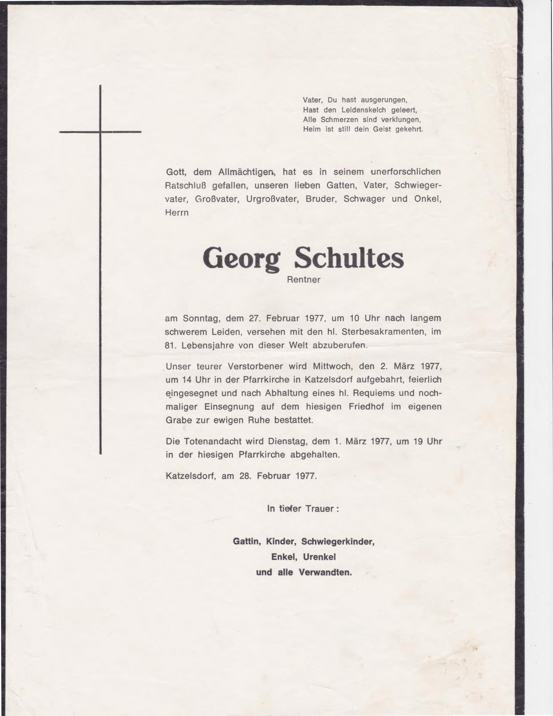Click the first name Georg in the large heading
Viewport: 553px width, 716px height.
click(241, 258)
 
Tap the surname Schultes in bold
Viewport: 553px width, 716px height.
click(349, 258)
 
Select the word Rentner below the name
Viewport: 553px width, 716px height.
click(304, 280)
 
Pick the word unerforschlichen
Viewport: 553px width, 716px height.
click(406, 172)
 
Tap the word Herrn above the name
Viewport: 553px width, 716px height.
click(177, 213)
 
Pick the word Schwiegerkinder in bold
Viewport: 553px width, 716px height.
click(338, 541)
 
